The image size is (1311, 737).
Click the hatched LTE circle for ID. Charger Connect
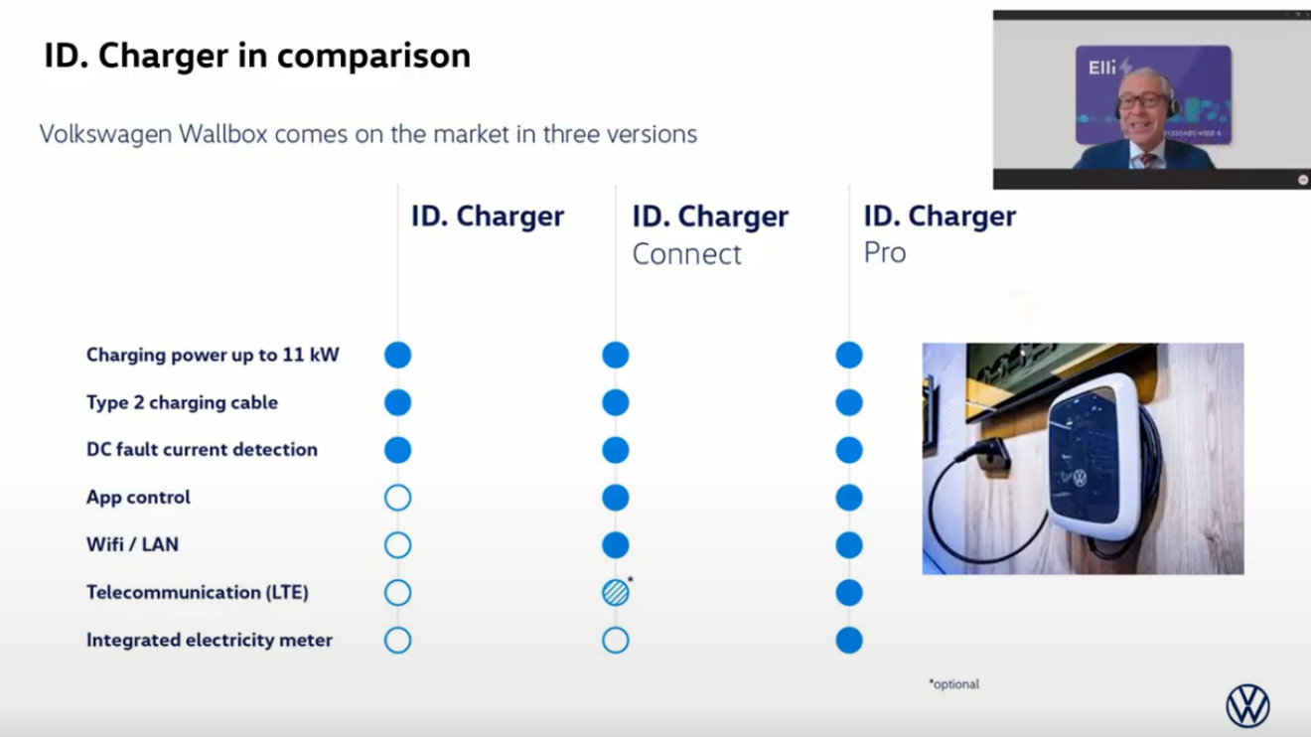pos(615,592)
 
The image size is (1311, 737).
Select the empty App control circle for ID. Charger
pos(397,498)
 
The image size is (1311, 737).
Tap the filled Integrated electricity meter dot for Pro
pos(848,640)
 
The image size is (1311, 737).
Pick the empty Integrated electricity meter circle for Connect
pos(615,640)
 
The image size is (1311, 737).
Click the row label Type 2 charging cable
pos(182,402)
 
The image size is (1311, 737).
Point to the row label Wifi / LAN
pos(132,544)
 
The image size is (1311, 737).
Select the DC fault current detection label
pos(202,450)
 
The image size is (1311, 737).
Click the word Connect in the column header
pos(686,254)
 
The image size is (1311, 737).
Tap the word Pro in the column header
pos(885,253)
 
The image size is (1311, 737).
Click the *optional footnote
pos(954,683)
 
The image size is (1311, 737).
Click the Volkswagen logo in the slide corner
pos(1247,706)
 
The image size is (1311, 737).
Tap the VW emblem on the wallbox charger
pos(1080,479)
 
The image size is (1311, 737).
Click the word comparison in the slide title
pos(374,57)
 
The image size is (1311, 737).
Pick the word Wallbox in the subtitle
pos(223,134)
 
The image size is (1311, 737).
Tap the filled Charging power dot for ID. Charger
pos(397,355)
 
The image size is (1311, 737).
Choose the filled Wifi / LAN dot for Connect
pos(615,545)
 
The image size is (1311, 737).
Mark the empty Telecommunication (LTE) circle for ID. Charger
pos(397,592)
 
